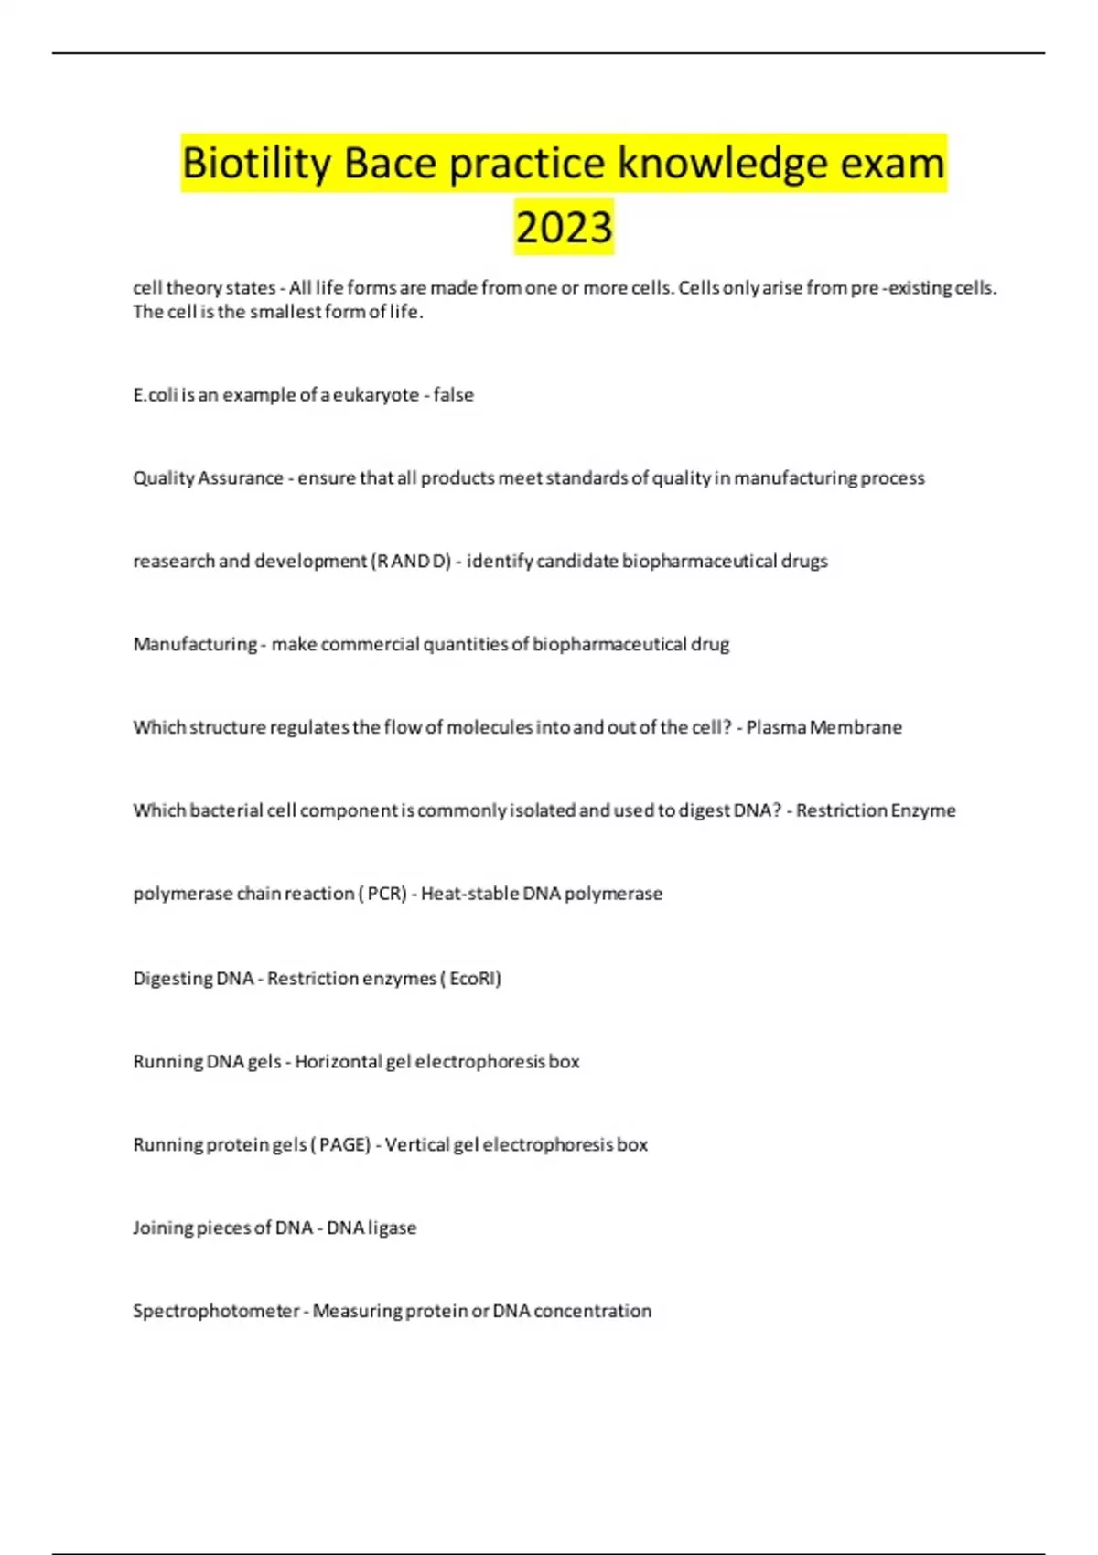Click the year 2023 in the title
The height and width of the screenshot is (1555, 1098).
coord(564,227)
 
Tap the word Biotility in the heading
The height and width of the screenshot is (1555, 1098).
coord(256,164)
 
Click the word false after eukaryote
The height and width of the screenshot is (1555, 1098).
coord(454,395)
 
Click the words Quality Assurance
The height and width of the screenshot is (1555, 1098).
coord(208,478)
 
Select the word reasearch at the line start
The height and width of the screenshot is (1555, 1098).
coord(174,561)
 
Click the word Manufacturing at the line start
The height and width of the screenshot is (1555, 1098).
coord(195,644)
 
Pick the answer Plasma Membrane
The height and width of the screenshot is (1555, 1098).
coord(823,727)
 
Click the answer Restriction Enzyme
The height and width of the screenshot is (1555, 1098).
coord(876,810)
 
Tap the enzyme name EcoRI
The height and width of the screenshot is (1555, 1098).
coord(473,979)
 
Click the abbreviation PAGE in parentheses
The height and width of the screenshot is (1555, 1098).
coord(344,1145)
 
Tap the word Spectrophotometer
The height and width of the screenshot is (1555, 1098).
coord(216,1311)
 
